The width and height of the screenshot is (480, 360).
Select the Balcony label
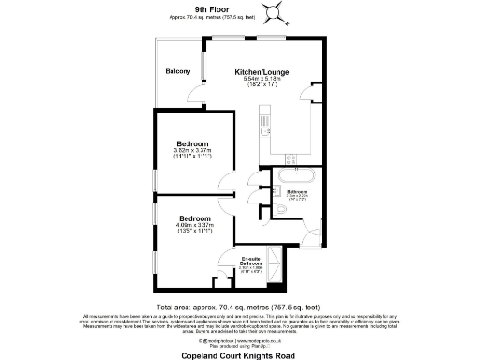[x=178, y=72]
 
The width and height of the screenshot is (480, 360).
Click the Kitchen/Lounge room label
[x=262, y=71]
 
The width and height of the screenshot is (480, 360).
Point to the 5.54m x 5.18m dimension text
[x=262, y=79]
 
